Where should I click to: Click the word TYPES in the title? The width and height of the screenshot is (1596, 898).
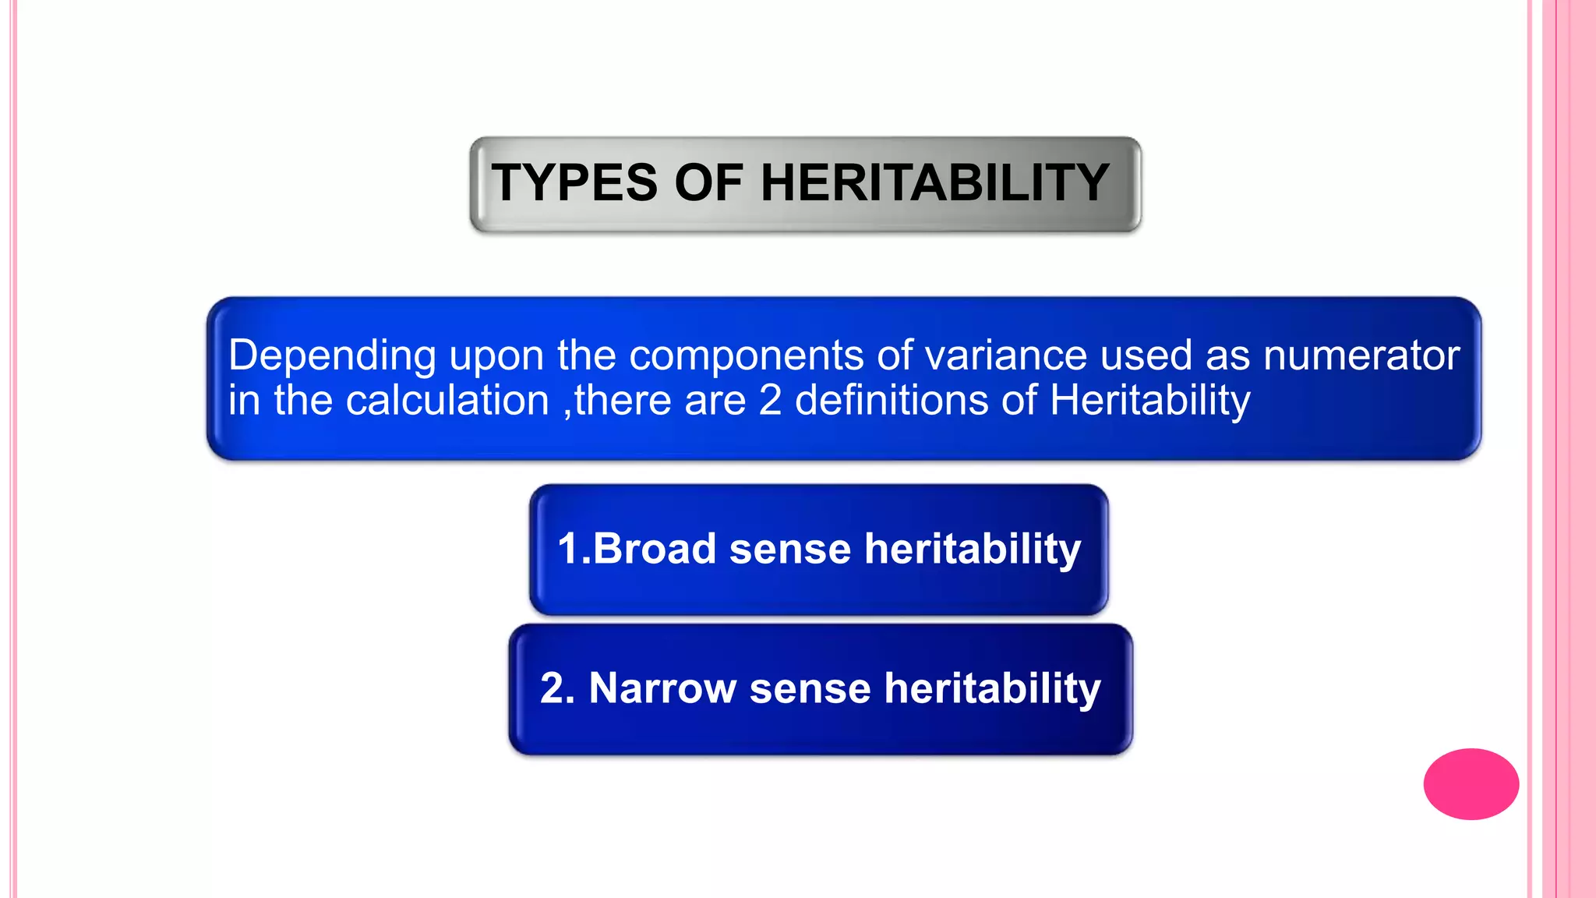pyautogui.click(x=574, y=183)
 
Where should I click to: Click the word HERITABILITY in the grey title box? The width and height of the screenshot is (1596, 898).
pyautogui.click(x=934, y=183)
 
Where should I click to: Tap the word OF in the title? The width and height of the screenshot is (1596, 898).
pyautogui.click(x=708, y=183)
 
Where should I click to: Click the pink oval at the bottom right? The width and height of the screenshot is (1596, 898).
pyautogui.click(x=1471, y=783)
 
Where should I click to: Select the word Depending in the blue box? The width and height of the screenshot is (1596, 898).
pyautogui.click(x=332, y=356)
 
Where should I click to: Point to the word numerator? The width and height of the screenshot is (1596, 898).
pyautogui.click(x=1361, y=356)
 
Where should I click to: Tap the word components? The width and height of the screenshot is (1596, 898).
pyautogui.click(x=746, y=356)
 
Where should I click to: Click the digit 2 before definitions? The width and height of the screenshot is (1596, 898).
pyautogui.click(x=770, y=401)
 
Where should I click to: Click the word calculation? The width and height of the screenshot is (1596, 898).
pyautogui.click(x=447, y=401)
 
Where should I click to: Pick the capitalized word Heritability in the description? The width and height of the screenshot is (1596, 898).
pyautogui.click(x=1149, y=401)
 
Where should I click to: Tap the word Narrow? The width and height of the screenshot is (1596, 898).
pyautogui.click(x=662, y=688)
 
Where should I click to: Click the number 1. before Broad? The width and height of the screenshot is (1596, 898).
pyautogui.click(x=574, y=548)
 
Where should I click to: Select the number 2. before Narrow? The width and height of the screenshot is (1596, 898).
pyautogui.click(x=557, y=688)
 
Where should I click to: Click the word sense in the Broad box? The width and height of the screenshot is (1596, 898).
pyautogui.click(x=789, y=548)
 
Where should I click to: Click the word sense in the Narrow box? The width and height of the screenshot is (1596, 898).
pyautogui.click(x=810, y=688)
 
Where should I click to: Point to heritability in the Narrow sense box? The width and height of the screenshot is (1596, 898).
pyautogui.click(x=992, y=688)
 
